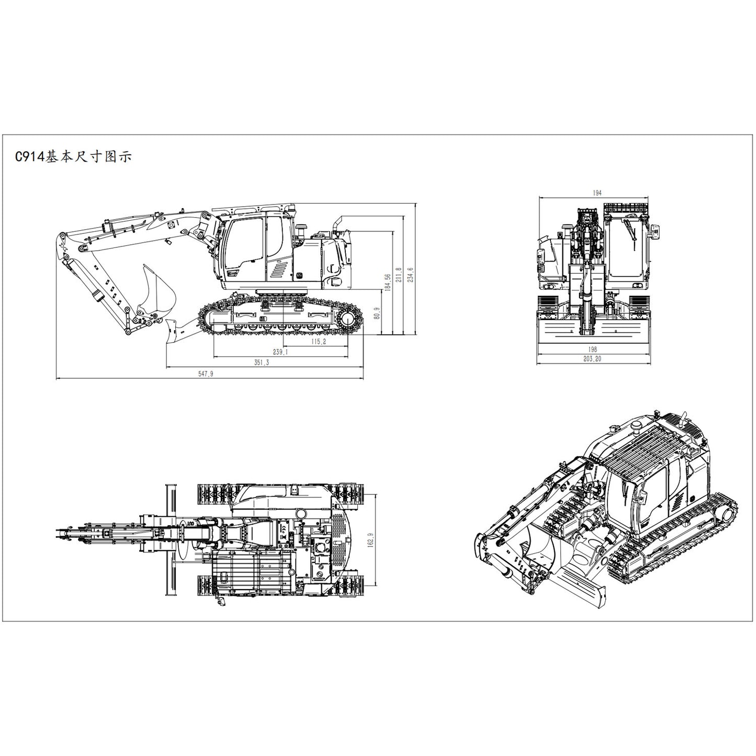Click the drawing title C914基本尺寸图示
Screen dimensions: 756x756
point(73,156)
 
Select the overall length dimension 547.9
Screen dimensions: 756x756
point(206,374)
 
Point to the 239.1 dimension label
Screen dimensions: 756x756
point(280,352)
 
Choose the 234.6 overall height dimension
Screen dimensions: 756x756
point(411,275)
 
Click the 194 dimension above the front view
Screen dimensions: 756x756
point(597,193)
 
